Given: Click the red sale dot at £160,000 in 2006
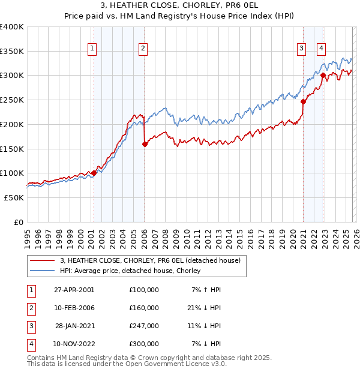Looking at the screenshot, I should pos(145,144).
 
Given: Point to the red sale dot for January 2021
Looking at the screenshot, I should pos(303,101).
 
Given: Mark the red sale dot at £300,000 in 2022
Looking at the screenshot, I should pos(323,76).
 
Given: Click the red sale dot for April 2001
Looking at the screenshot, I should pos(94,173).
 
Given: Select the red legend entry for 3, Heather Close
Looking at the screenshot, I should pos(150,260).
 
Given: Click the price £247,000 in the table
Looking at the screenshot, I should pos(144,326).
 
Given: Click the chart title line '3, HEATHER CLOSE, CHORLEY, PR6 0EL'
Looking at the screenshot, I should pos(180,7).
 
